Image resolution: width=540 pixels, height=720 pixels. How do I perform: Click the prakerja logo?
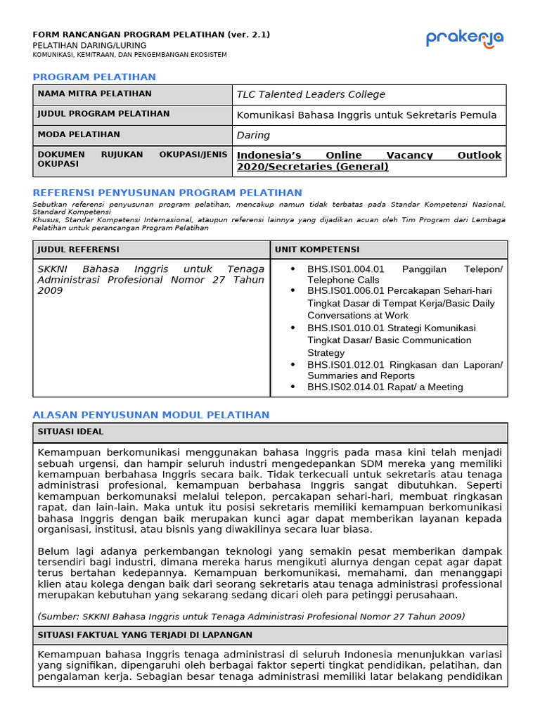click(x=464, y=39)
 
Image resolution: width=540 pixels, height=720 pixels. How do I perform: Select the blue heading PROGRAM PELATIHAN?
click(x=94, y=77)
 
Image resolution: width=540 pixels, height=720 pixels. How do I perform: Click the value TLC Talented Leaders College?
click(x=311, y=94)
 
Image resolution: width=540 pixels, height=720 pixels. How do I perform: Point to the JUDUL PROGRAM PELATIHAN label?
click(x=103, y=114)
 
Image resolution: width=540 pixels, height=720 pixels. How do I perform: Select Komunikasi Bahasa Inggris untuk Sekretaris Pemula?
click(x=366, y=115)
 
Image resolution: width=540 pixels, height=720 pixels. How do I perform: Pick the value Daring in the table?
click(x=253, y=135)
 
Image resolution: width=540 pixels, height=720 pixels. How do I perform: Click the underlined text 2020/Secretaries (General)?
click(x=312, y=167)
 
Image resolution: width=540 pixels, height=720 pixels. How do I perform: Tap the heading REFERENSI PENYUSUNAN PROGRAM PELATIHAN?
click(x=167, y=193)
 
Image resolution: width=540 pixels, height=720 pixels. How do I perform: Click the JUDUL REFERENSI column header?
click(x=78, y=250)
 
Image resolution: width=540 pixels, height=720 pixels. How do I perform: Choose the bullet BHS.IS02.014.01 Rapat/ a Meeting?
click(x=385, y=387)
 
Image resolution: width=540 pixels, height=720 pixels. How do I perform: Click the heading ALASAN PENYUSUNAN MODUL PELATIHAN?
click(x=151, y=415)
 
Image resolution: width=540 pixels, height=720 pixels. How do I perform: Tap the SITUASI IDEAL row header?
click(x=70, y=431)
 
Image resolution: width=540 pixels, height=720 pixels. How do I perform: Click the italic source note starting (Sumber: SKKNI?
click(x=251, y=616)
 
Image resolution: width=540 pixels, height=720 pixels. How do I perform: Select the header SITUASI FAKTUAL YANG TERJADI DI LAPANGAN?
click(x=145, y=635)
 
